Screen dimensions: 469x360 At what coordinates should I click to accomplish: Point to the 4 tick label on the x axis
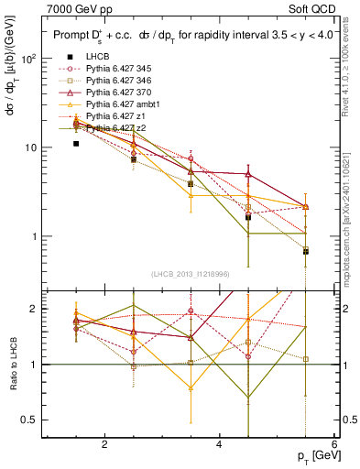point(219,444)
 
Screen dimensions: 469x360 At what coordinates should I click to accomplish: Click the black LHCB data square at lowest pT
point(77,144)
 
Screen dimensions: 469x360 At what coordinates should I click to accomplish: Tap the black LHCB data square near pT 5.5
point(306,251)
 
